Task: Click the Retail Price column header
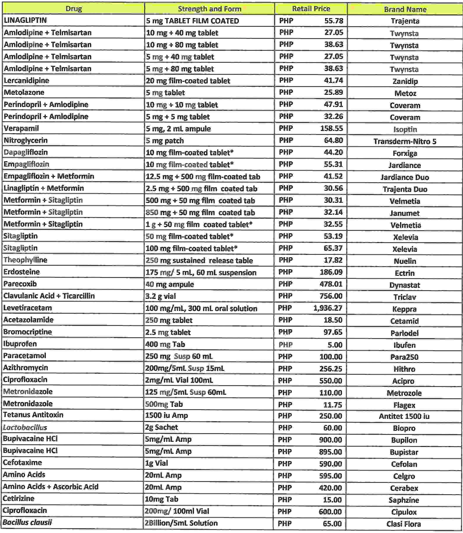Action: [311, 9]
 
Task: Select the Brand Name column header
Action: [405, 9]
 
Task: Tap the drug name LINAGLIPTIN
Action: [25, 20]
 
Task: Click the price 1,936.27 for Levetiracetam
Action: [328, 308]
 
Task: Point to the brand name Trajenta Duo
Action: [405, 189]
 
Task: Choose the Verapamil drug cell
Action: [21, 128]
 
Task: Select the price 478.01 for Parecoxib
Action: [331, 284]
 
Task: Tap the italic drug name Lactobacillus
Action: [25, 427]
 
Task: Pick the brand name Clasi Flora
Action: [404, 524]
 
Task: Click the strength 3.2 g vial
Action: [160, 296]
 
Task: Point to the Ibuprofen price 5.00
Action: [335, 345]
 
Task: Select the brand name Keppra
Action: [404, 309]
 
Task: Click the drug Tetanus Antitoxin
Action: [33, 415]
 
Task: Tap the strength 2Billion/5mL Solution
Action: [181, 523]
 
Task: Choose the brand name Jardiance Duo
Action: [405, 177]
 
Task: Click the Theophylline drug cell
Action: [25, 260]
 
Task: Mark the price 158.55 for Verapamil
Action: [331, 128]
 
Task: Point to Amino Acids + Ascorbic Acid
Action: [51, 487]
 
